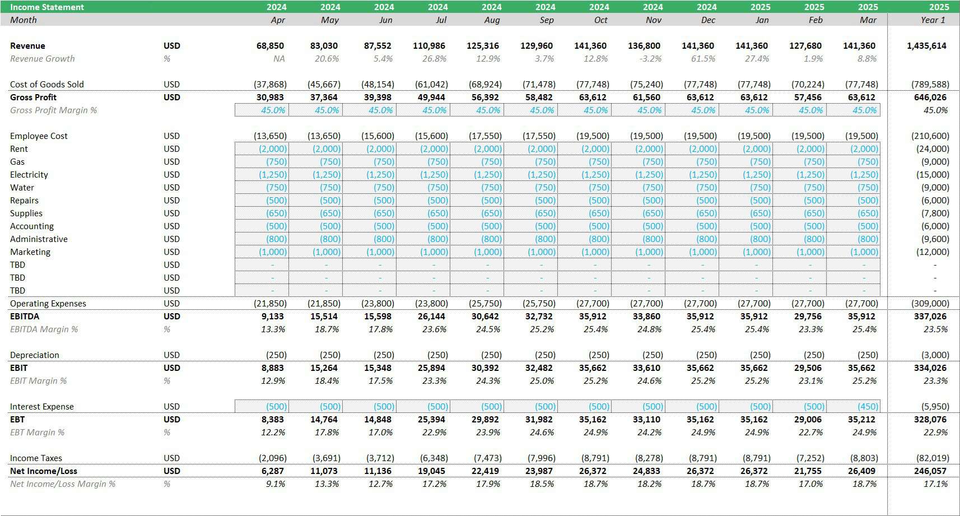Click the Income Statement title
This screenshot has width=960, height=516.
click(x=47, y=7)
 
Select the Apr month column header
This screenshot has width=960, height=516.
click(x=278, y=20)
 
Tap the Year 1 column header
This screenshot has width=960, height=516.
click(x=933, y=20)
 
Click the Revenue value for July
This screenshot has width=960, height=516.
click(x=429, y=46)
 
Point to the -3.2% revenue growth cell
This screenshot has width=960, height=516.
click(x=650, y=59)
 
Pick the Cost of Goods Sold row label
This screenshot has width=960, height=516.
click(x=46, y=85)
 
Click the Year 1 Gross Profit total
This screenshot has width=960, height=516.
click(x=930, y=97)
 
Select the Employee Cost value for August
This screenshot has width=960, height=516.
click(x=485, y=136)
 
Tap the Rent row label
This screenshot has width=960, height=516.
click(x=19, y=148)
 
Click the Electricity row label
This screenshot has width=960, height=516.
click(x=29, y=174)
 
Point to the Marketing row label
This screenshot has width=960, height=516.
click(x=30, y=252)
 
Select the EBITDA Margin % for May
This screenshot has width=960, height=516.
click(x=327, y=329)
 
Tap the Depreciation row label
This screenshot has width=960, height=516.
click(x=34, y=355)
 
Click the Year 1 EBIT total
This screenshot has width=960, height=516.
click(x=930, y=368)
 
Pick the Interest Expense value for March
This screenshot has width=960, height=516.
click(x=864, y=406)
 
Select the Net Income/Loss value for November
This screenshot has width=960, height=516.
click(x=646, y=471)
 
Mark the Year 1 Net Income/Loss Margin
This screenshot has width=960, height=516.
click(x=935, y=484)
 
